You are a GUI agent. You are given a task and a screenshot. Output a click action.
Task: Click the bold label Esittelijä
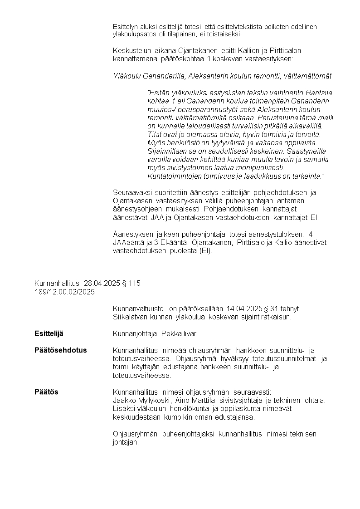[x=49, y=334]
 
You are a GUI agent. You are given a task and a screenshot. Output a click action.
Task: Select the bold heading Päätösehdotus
[x=60, y=350]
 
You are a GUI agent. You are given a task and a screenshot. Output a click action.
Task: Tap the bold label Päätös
[x=46, y=392]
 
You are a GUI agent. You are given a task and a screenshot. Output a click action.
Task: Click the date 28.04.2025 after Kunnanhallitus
[x=102, y=284]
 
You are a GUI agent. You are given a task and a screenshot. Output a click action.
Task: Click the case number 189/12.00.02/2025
[x=64, y=292]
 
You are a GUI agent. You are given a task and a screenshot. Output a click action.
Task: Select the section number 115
[x=135, y=284]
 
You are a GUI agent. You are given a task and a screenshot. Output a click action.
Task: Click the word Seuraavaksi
[x=131, y=192]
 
